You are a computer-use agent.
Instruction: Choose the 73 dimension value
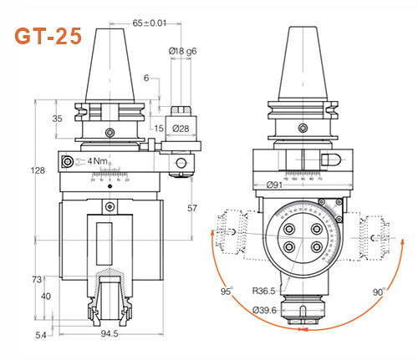(38, 278)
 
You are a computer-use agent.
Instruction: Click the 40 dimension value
(45, 295)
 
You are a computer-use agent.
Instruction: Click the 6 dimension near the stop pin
(145, 79)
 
